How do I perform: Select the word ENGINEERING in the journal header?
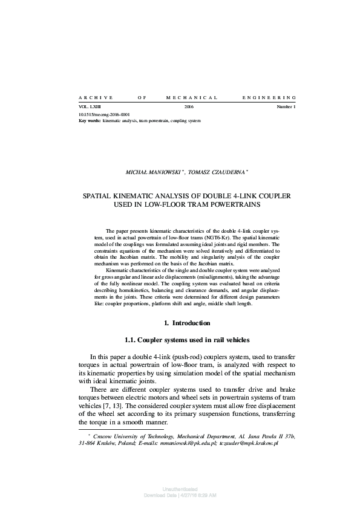[269, 97]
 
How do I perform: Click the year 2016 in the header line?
[188, 107]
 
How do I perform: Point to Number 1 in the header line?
[286, 107]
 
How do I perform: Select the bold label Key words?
[90, 120]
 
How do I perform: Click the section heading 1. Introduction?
[188, 323]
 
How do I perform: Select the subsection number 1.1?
[132, 340]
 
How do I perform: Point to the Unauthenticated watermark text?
[180, 488]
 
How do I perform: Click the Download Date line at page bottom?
[180, 494]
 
